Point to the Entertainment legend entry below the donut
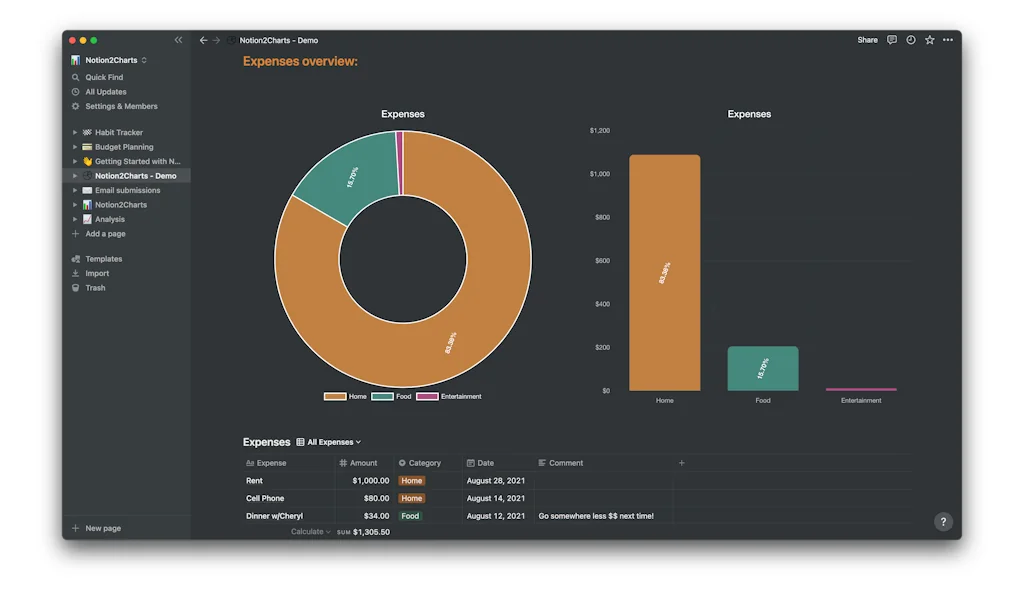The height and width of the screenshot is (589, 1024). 450,397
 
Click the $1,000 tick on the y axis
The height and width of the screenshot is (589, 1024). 599,174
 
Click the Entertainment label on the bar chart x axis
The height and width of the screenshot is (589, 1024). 860,401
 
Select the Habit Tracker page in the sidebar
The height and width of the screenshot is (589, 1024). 118,132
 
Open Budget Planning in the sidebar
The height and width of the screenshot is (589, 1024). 124,147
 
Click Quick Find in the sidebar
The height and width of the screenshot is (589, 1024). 104,77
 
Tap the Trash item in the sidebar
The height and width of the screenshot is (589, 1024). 95,288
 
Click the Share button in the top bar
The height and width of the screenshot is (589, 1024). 867,40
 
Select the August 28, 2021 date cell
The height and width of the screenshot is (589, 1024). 495,481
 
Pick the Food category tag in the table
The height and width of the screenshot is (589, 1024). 410,516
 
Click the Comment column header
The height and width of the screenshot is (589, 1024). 565,463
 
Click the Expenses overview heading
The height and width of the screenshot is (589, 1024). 300,62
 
